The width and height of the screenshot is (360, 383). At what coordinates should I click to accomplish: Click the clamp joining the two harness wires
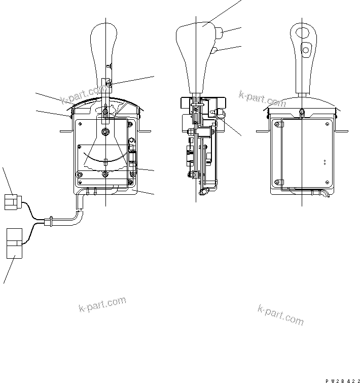49,221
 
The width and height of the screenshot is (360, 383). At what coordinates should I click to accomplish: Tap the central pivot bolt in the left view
104,132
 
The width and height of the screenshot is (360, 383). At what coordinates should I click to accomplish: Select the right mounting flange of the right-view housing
341,131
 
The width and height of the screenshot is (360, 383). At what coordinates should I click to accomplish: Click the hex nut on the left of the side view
188,135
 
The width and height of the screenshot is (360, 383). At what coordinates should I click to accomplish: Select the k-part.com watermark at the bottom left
102,304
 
